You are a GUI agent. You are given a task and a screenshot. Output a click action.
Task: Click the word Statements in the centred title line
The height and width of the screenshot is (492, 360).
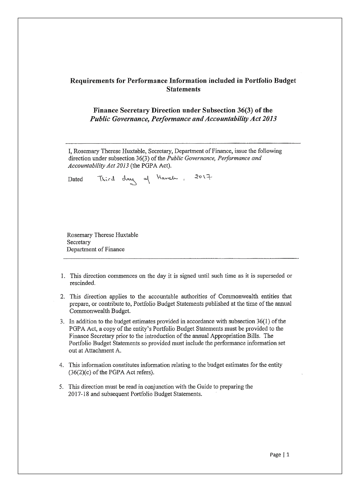click(183, 89)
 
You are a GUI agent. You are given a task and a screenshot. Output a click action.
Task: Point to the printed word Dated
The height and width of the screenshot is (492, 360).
click(75, 179)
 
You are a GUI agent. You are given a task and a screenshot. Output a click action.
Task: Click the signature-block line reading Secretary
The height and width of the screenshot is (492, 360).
click(79, 242)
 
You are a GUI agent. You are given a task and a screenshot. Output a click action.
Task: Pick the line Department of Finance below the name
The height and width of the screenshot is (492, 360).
click(95, 249)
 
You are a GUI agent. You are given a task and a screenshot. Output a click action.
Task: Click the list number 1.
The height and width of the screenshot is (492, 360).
click(63, 276)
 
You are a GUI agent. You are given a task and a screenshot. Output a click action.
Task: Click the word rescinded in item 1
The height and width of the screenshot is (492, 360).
click(83, 283)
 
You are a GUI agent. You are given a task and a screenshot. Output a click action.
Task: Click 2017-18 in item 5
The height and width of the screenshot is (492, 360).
click(78, 394)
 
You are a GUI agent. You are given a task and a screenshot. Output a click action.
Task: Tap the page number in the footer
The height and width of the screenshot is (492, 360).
click(288, 454)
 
